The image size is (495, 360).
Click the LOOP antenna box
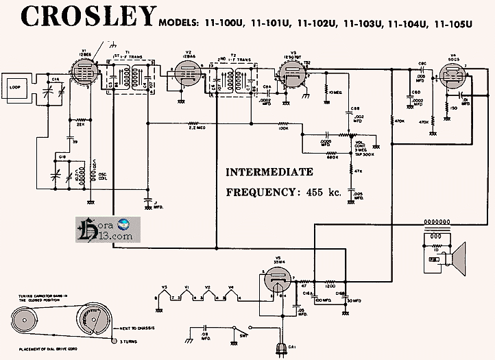(x=16, y=88)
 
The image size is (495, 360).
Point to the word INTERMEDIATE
(x=269, y=172)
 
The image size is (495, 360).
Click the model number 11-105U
(x=450, y=25)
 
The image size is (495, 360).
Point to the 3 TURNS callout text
(x=130, y=341)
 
